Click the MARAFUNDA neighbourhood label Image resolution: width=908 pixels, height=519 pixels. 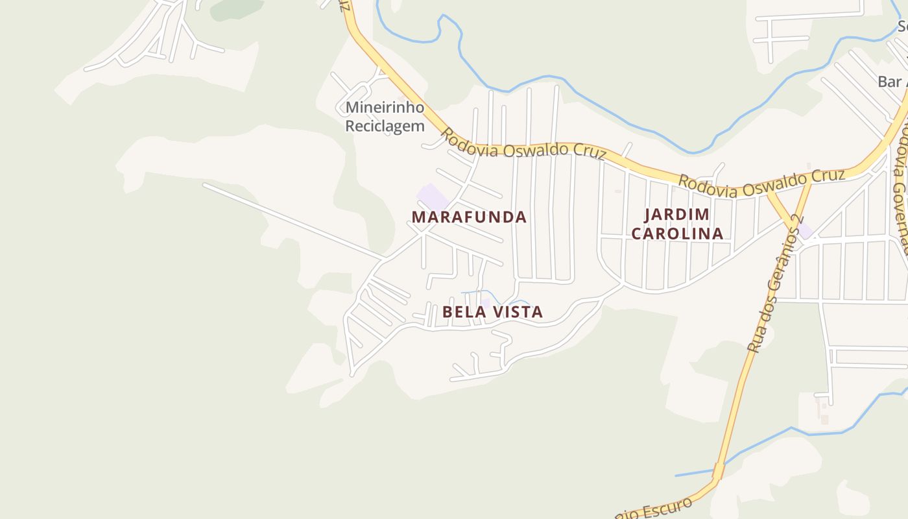pyautogui.click(x=469, y=217)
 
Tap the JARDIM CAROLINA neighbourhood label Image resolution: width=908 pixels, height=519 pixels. pyautogui.click(x=677, y=224)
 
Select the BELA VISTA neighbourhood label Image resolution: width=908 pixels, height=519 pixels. pyautogui.click(x=492, y=312)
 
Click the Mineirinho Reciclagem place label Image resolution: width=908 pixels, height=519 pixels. pyautogui.click(x=385, y=117)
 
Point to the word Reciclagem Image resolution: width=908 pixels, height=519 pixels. pyautogui.click(x=385, y=126)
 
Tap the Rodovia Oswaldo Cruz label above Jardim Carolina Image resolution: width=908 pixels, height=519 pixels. pyautogui.click(x=761, y=183)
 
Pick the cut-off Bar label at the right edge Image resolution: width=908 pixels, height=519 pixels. pyautogui.click(x=891, y=82)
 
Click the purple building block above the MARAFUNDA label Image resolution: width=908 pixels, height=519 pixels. pyautogui.click(x=432, y=197)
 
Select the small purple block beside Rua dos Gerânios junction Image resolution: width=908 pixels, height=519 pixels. pyautogui.click(x=805, y=231)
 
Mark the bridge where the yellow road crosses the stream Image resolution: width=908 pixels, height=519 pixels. pyautogui.click(x=719, y=470)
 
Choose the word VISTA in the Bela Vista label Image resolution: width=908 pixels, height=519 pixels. pyautogui.click(x=518, y=312)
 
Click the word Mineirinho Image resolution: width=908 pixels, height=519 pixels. pyautogui.click(x=385, y=107)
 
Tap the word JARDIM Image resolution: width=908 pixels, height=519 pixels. pyautogui.click(x=677, y=215)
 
